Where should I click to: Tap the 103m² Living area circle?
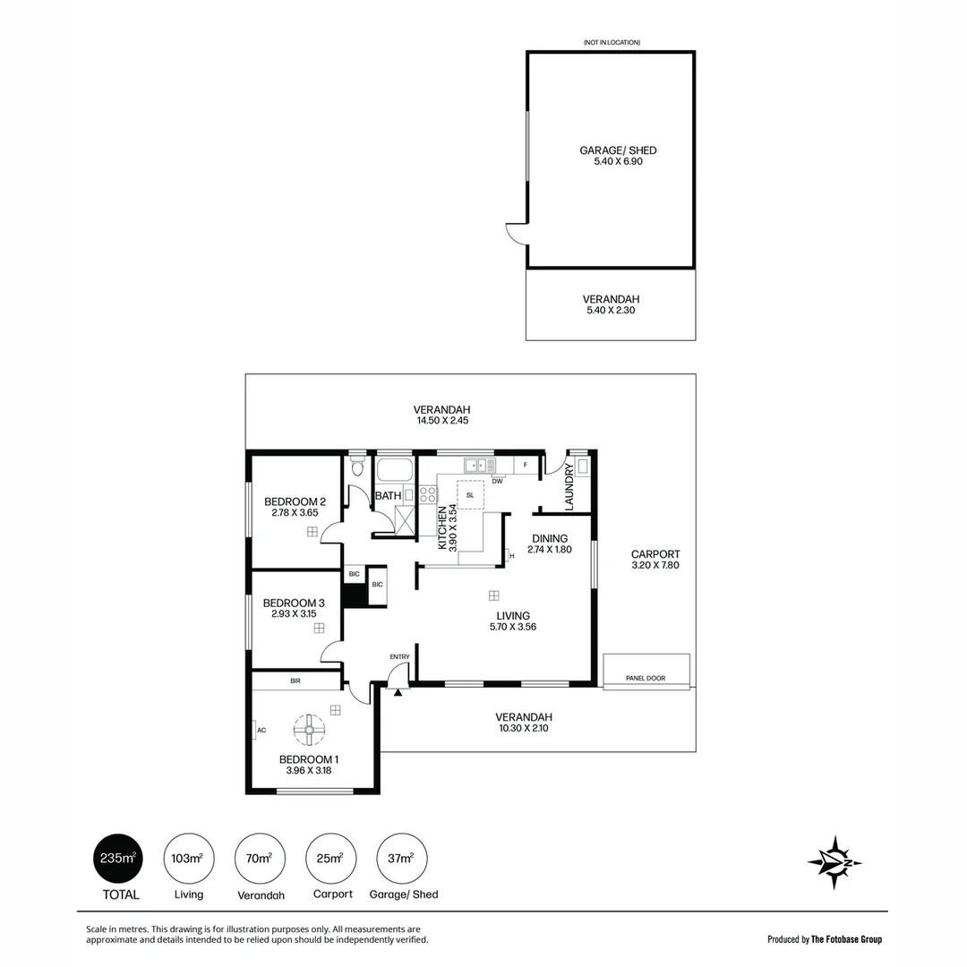(188, 859)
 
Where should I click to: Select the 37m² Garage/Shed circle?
(402, 859)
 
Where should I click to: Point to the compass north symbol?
(834, 862)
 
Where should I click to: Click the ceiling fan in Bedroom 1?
(309, 731)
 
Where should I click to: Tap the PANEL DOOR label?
(646, 679)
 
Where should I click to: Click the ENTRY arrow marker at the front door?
(398, 692)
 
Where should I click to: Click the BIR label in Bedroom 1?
(295, 681)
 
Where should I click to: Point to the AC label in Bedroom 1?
(261, 731)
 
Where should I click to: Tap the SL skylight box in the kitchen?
(470, 494)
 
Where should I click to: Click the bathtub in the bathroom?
(394, 471)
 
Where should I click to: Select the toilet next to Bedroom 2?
(357, 467)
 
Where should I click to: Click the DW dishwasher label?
(497, 481)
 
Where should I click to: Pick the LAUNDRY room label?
(569, 487)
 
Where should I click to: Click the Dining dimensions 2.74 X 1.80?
(549, 550)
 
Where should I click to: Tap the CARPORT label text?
(655, 553)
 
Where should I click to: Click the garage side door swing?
(517, 233)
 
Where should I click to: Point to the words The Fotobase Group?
(846, 939)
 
